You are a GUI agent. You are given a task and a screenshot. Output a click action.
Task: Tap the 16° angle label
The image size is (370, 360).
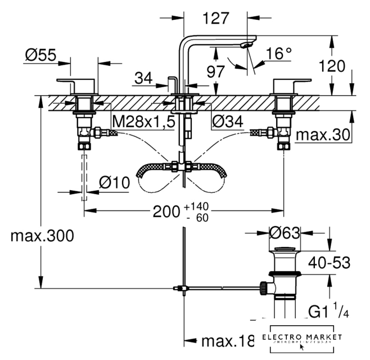(279, 54)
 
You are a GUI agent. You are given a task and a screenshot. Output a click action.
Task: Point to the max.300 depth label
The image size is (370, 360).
(42, 236)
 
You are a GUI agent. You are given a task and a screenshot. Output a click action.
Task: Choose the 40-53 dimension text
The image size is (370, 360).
(330, 262)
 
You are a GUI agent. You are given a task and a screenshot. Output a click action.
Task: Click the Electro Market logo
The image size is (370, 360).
(302, 339)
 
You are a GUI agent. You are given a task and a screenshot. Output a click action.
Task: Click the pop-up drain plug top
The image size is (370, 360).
(285, 249)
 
